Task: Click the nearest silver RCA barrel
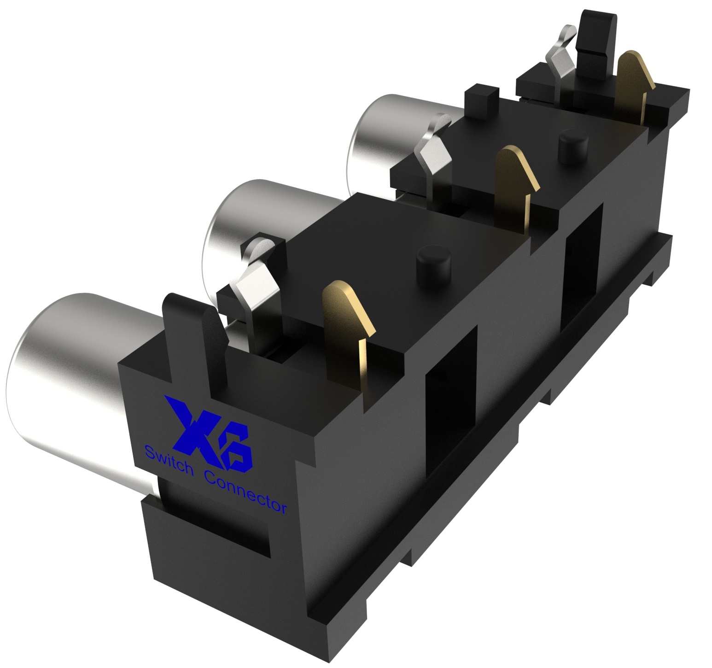pos(69,378)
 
